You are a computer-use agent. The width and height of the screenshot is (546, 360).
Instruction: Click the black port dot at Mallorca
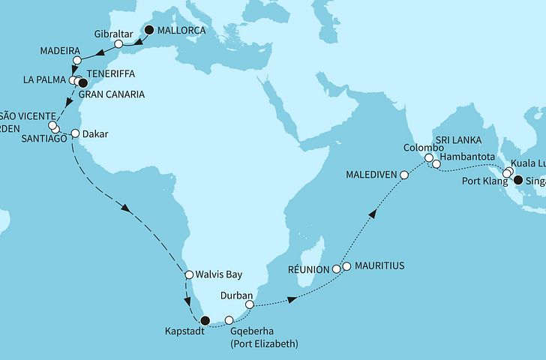pyautogui.click(x=149, y=30)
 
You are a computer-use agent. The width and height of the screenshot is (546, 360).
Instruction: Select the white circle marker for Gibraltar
pyautogui.click(x=118, y=44)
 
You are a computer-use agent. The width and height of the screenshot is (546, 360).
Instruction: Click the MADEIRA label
pyautogui.click(x=59, y=50)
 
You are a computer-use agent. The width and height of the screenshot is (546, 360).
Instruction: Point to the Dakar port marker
pyautogui.click(x=75, y=134)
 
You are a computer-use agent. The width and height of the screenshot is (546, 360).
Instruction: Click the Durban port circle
pyautogui.click(x=250, y=304)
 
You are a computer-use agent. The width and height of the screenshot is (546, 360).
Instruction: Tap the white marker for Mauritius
pyautogui.click(x=346, y=265)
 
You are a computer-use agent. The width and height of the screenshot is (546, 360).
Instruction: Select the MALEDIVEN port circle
pyautogui.click(x=404, y=175)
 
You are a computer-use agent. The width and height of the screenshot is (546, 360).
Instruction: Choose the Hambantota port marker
pyautogui.click(x=436, y=163)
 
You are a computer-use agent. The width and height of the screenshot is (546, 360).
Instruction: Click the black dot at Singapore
pyautogui.click(x=517, y=179)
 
